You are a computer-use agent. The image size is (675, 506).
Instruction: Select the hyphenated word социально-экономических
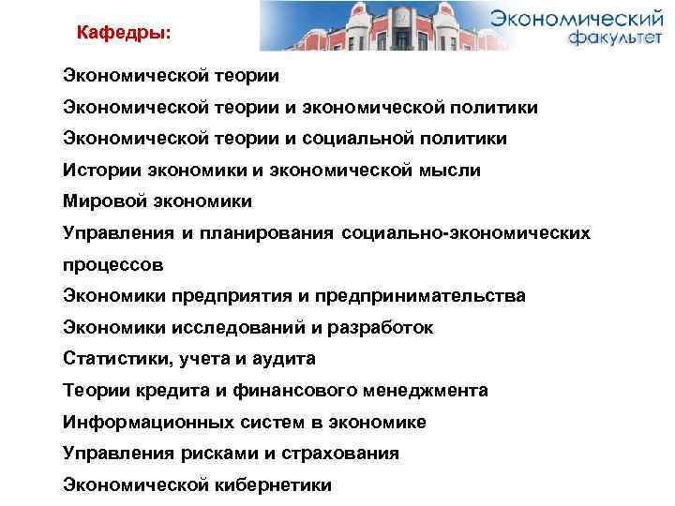pyautogui.click(x=467, y=232)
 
